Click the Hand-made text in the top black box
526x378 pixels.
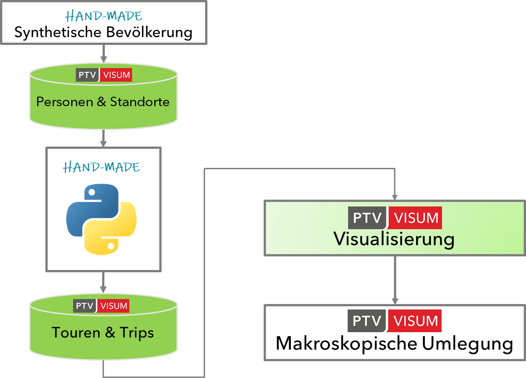coord(103,16)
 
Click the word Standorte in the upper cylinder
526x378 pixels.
coord(140,101)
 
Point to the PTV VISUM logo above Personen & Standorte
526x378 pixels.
coord(104,75)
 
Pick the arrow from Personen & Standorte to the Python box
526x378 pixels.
coord(103,138)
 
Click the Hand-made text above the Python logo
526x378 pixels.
coord(102,167)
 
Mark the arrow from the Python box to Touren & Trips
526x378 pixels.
coord(103,282)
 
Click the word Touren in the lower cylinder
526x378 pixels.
coord(75,333)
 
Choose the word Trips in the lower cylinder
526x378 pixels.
coord(137,333)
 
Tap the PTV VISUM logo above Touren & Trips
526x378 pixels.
coord(101,306)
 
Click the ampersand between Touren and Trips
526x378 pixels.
coord(110,333)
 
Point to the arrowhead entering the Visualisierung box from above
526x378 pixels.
coord(395,197)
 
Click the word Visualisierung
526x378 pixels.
coord(394,239)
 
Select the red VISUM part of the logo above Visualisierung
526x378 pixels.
coord(416,218)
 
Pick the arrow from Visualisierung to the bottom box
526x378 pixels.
coord(395,280)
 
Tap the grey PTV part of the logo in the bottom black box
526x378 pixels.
coord(367,321)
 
